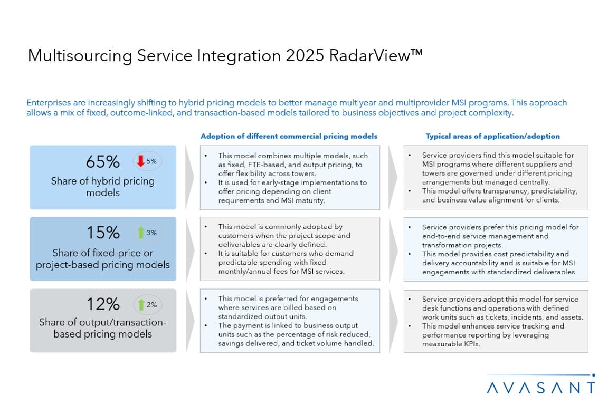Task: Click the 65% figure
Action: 103,161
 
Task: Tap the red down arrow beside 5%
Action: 141,161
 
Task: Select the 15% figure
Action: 103,233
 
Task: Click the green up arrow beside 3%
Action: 141,233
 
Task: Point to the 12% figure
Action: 103,304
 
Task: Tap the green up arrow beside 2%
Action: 141,305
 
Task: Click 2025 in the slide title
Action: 305,55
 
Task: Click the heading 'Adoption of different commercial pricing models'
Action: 289,136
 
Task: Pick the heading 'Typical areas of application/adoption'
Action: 492,136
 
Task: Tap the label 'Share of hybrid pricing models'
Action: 103,187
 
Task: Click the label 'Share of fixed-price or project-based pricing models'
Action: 103,258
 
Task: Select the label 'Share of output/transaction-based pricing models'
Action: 103,328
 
